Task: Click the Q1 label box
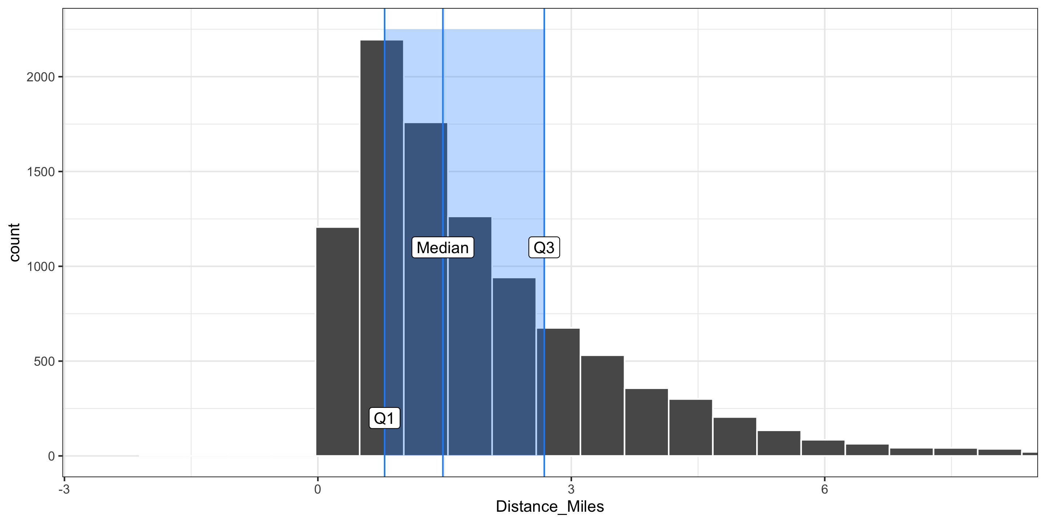coord(384,418)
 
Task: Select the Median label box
coord(443,247)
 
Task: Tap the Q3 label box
coord(544,247)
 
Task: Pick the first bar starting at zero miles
coord(337,341)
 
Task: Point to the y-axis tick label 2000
coord(40,77)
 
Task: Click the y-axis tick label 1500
coord(40,172)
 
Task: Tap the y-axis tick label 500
coord(44,361)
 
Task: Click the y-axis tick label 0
coord(51,456)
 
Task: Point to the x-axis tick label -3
coord(64,489)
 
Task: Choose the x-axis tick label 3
coord(571,489)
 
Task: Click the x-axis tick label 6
coord(824,489)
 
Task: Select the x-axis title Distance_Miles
coord(550,506)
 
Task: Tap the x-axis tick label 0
coord(317,489)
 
